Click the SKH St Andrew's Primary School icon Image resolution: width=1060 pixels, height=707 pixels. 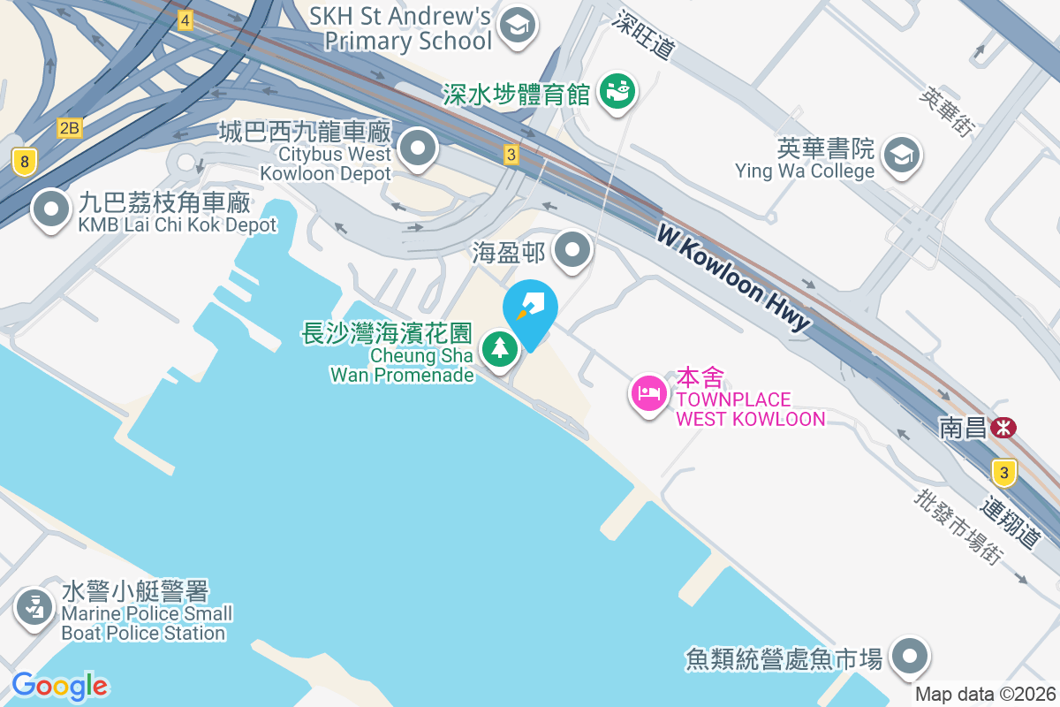pos(519,27)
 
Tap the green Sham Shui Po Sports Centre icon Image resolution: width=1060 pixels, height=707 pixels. pos(617,92)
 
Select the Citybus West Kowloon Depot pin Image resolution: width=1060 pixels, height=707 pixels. pos(418,148)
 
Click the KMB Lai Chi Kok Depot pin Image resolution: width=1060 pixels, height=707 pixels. pos(51,209)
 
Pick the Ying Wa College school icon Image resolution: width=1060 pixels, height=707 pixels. pos(901,156)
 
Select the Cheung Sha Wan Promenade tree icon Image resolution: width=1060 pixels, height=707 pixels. pos(501,347)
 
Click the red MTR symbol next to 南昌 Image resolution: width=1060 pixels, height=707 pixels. pos(1003,429)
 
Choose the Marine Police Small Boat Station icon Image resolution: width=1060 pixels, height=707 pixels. pos(34,609)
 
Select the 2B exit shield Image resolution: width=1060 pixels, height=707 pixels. pos(69,129)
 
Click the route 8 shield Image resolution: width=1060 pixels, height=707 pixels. pos(25,161)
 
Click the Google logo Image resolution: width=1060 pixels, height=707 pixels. pos(59,686)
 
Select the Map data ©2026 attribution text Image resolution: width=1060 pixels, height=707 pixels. pos(985,695)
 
